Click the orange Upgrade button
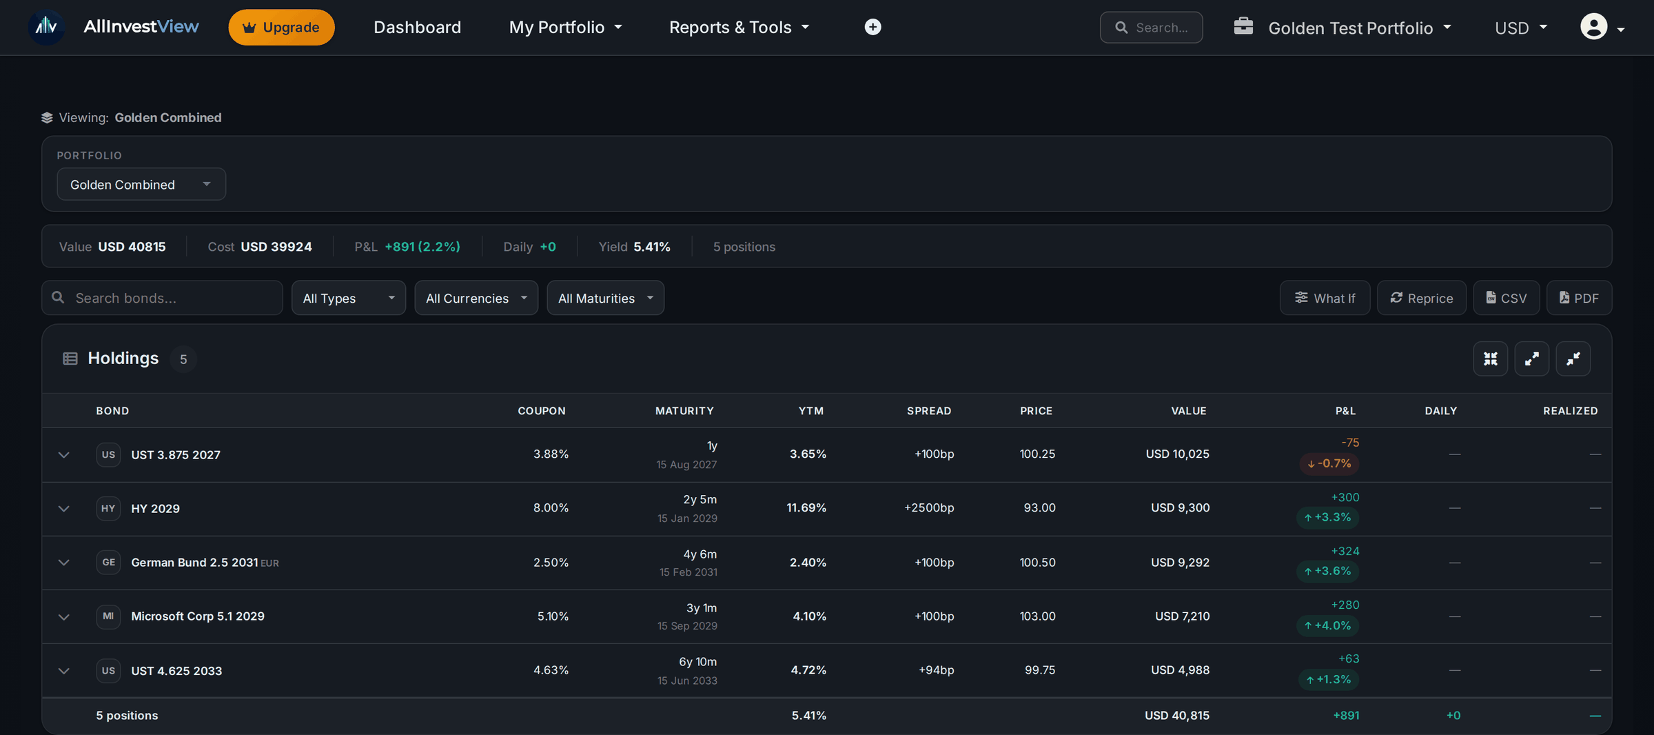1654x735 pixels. click(281, 28)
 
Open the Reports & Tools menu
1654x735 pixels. click(739, 28)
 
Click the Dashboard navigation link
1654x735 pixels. click(417, 28)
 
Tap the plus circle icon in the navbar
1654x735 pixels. click(872, 27)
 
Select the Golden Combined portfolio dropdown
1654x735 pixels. click(141, 184)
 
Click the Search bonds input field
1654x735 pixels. click(162, 298)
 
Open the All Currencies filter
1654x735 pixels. click(476, 298)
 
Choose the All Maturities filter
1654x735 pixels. click(605, 298)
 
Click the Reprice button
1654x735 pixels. click(1421, 298)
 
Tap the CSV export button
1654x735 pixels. click(1506, 298)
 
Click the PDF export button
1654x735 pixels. click(1579, 298)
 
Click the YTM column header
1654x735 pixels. click(810, 411)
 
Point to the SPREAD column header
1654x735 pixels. click(929, 411)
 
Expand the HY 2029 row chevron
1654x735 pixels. click(64, 509)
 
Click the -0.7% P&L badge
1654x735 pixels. click(1329, 463)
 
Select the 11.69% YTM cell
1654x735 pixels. click(806, 508)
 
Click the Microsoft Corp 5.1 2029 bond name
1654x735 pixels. click(198, 616)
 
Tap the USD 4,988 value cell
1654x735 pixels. click(1180, 670)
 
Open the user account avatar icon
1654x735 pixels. click(1593, 27)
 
